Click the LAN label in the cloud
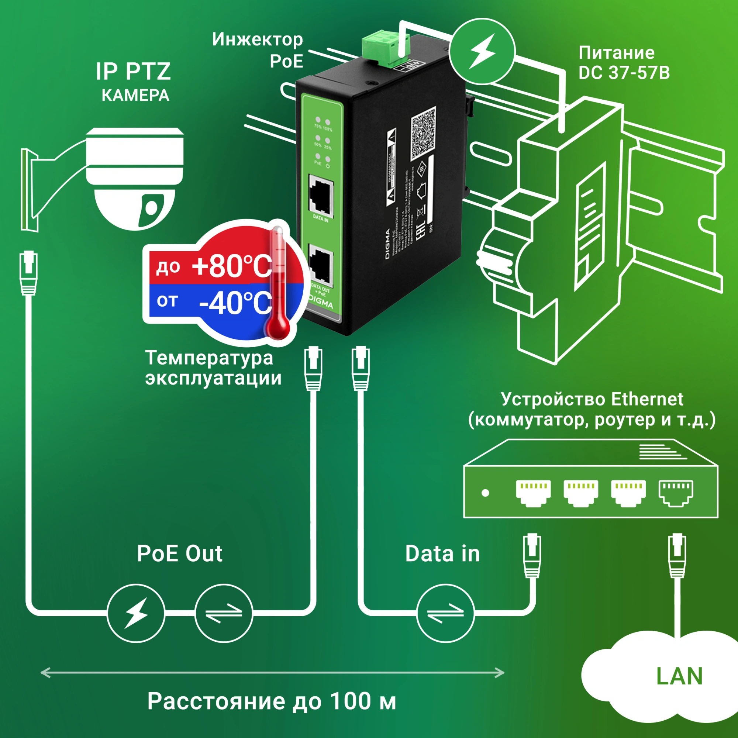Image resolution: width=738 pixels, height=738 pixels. pos(679,676)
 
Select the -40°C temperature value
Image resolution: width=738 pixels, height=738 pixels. pos(235,303)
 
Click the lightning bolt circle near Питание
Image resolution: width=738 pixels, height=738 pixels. pos(482,52)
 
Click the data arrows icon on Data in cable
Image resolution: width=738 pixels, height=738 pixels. pos(445,613)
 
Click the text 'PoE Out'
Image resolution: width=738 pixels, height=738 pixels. pos(180,553)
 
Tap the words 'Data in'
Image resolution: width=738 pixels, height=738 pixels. pos(442,553)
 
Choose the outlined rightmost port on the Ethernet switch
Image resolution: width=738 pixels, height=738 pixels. pos(676,493)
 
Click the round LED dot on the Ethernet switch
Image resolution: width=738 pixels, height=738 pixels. pos(486,493)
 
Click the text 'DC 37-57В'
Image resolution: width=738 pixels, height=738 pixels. pos(624,73)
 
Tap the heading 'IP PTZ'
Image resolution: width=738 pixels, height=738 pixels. pos(133,71)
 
